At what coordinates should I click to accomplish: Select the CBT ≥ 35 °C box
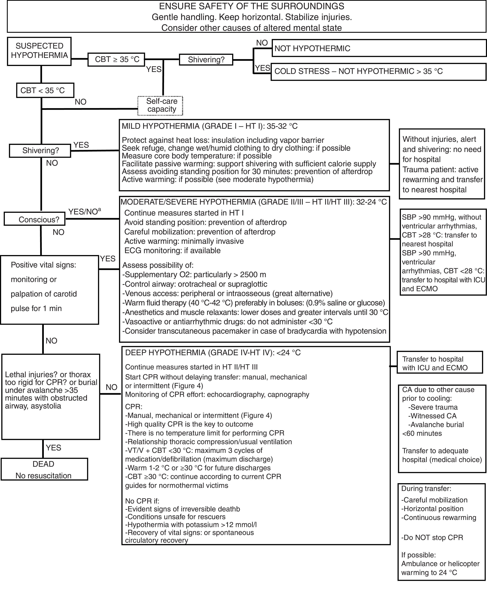click(116, 59)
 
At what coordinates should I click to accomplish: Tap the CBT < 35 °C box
click(45, 90)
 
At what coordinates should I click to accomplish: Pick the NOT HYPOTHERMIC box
click(379, 48)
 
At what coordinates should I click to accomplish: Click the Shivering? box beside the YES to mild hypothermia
click(40, 151)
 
